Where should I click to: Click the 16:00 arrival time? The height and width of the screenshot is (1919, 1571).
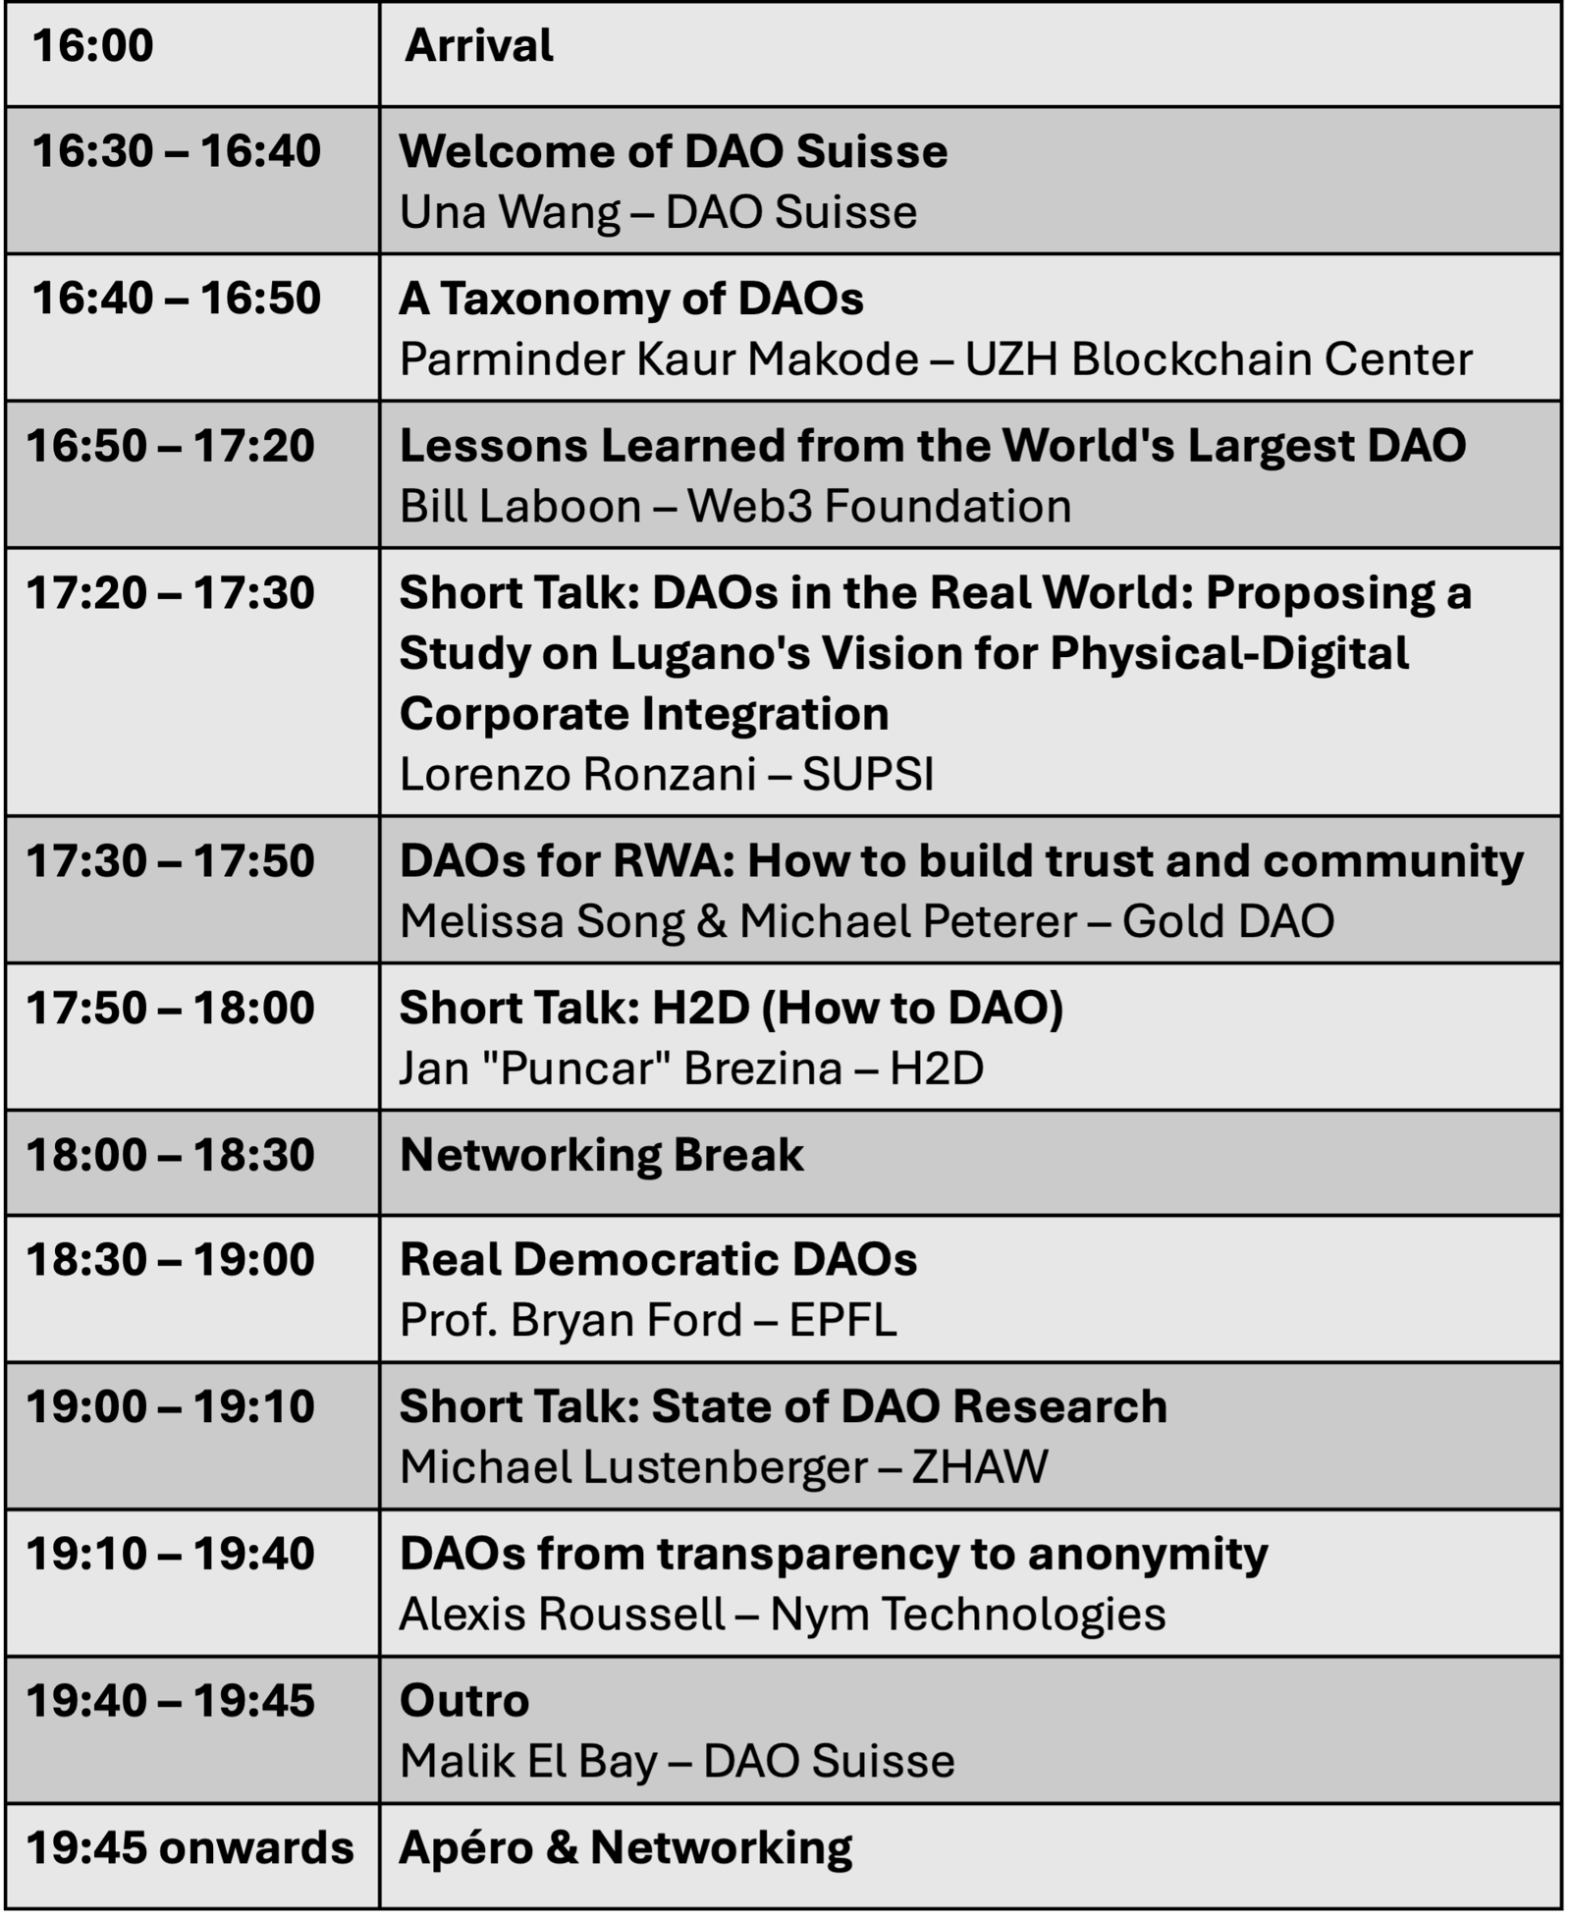(92, 45)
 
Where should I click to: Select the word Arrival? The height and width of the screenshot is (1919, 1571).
(479, 45)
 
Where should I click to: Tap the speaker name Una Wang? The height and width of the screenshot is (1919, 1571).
(510, 212)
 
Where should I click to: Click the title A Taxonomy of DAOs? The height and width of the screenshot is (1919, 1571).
(631, 299)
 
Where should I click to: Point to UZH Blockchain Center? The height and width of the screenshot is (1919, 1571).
(1219, 359)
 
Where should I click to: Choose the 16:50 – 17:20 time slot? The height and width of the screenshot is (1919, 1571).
(170, 446)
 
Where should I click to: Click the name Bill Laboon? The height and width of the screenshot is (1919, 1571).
(520, 507)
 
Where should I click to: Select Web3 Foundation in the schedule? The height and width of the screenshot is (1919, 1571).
(879, 507)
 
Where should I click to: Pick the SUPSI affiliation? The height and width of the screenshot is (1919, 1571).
(868, 775)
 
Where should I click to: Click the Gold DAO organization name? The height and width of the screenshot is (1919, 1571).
(1228, 921)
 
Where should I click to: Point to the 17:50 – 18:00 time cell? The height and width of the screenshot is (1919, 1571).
(170, 1009)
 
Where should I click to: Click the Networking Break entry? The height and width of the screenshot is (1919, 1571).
(602, 1155)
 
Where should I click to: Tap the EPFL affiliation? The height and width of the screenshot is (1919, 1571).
(843, 1320)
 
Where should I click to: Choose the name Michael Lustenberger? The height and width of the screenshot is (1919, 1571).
(634, 1467)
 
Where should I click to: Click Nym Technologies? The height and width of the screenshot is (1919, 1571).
(968, 1615)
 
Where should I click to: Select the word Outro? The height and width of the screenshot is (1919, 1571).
(464, 1701)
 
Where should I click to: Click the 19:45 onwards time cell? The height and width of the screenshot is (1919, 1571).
(190, 1848)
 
